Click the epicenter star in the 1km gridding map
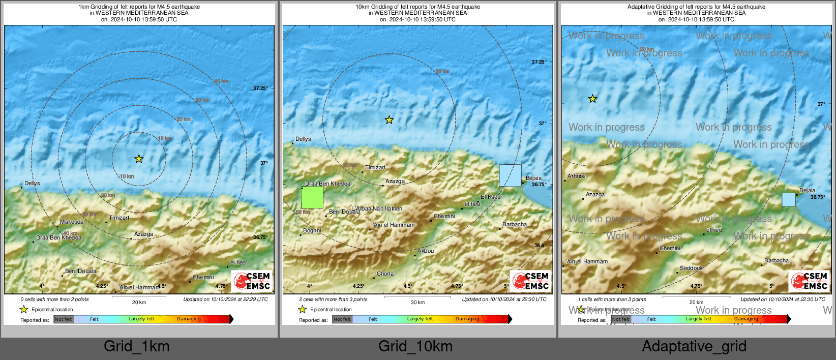tap(139, 159)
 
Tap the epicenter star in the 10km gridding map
tap(389, 120)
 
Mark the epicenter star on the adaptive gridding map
tap(592, 99)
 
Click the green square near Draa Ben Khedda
tap(312, 197)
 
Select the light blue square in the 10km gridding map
tap(510, 175)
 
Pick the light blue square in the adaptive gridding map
tap(789, 200)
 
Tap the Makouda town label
tap(72, 222)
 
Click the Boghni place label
tap(312, 231)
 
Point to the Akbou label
tap(426, 251)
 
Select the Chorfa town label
tap(385, 274)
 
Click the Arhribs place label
tap(577, 176)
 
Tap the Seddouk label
tap(691, 268)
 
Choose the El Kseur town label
tap(491, 197)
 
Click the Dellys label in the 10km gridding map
tap(303, 139)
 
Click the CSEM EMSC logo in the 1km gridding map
tap(252, 281)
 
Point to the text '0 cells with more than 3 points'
tap(54, 299)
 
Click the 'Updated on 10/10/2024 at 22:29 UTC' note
tap(225, 299)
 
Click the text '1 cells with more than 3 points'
tap(612, 299)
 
